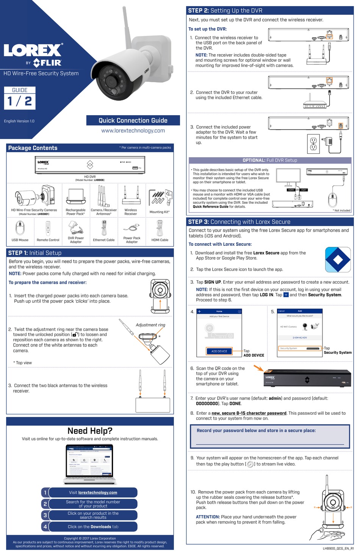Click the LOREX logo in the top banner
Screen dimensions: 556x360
33,50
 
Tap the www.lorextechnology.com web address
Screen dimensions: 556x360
133,131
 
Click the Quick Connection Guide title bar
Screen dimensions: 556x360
133,120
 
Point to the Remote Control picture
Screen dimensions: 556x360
48,228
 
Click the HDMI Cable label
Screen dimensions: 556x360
160,240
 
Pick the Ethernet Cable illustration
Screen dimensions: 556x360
104,228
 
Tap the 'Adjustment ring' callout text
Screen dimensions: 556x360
150,325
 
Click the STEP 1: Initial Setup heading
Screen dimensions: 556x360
35,253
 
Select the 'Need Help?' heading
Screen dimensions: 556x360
90,431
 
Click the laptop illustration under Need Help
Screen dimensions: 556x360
90,464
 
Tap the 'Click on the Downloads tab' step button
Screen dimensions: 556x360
93,526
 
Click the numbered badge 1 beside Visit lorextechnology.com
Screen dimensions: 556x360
45,492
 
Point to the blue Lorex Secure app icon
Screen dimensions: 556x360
338,260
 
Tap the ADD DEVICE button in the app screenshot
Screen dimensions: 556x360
219,351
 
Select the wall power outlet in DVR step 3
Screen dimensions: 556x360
313,144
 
